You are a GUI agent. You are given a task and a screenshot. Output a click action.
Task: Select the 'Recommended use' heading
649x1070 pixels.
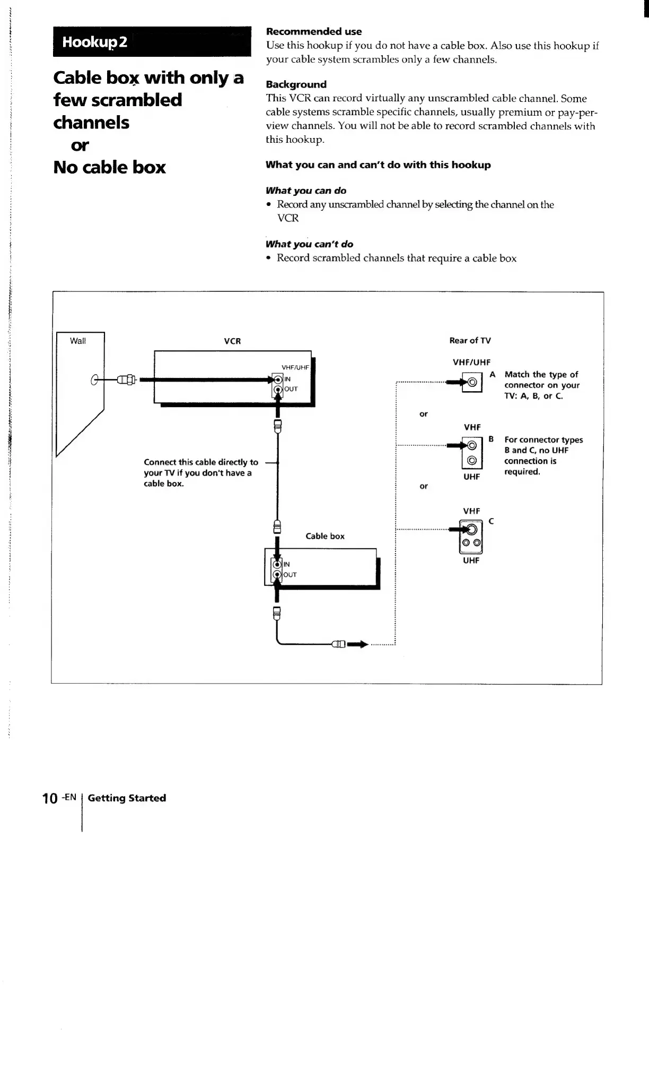[x=313, y=31]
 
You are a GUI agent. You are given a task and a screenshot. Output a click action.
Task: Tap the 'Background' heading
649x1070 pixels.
[x=296, y=84]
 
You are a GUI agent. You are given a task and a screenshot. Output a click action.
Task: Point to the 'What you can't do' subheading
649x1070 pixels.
[x=309, y=244]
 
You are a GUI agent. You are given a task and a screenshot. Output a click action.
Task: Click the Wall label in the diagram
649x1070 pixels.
[x=78, y=341]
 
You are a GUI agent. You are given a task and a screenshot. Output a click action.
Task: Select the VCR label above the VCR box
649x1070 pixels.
[x=232, y=341]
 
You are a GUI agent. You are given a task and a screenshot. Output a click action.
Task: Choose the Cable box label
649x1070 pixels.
[x=324, y=536]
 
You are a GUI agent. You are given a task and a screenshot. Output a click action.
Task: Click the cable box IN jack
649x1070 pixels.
[x=276, y=564]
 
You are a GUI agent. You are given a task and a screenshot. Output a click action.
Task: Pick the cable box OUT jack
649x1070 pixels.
[x=276, y=575]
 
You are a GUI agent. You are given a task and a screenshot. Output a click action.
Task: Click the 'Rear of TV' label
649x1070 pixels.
[x=470, y=340]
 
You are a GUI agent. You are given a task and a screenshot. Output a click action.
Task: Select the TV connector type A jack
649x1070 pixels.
[x=472, y=382]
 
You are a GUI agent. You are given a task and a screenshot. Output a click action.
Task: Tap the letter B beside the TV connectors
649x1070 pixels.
[x=491, y=439]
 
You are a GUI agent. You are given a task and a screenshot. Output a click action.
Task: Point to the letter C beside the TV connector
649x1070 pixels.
[x=491, y=521]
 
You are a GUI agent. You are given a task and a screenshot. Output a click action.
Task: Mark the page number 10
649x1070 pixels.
[x=50, y=799]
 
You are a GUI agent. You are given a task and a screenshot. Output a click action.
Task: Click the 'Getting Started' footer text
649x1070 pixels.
[x=127, y=798]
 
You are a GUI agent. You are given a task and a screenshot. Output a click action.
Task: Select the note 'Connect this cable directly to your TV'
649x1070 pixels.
[x=200, y=473]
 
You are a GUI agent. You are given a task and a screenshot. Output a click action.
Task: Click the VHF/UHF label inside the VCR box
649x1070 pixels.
[x=295, y=367]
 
